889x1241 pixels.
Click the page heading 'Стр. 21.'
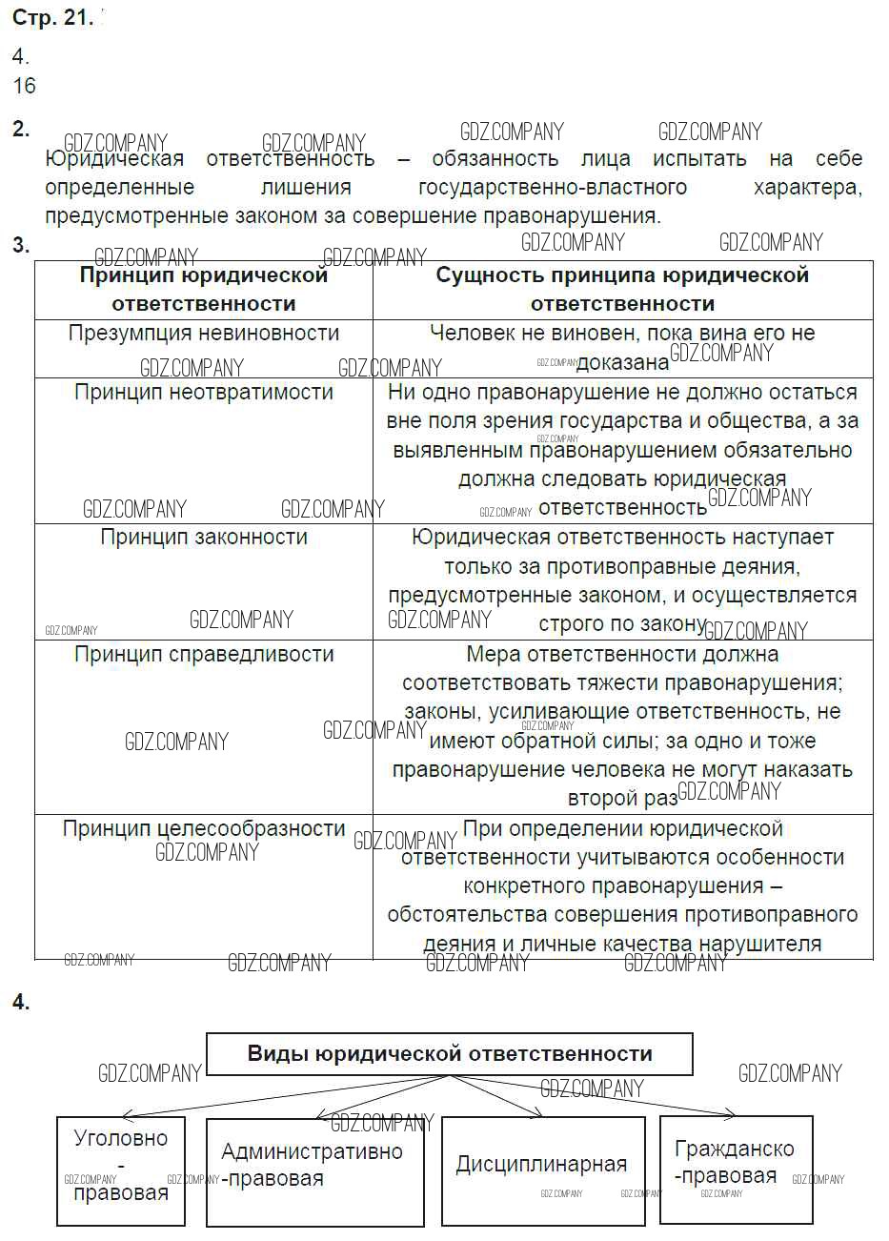[51, 18]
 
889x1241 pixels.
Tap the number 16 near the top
[25, 86]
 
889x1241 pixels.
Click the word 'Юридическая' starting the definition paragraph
[114, 159]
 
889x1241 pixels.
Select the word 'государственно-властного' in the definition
[553, 187]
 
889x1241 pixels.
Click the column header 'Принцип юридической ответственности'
[203, 290]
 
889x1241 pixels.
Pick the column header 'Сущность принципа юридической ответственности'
[622, 290]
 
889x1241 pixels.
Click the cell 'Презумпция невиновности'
[203, 334]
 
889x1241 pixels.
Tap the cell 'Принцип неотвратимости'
[203, 393]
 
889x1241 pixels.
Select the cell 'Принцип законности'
[203, 538]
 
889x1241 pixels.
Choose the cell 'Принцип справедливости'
[203, 655]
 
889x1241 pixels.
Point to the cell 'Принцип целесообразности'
[203, 829]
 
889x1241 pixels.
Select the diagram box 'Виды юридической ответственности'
[450, 1054]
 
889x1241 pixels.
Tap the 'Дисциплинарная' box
[542, 1165]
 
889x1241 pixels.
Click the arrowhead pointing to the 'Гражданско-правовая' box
[731, 1113]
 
